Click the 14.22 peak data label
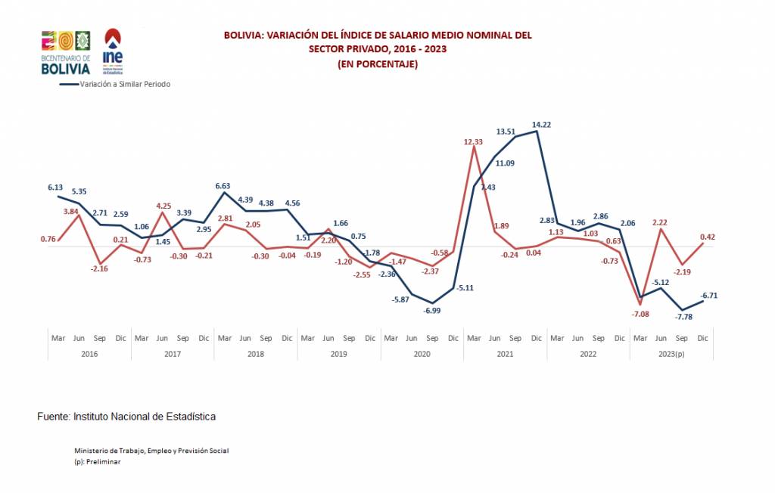pyautogui.click(x=541, y=124)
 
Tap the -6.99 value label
pyautogui.click(x=431, y=311)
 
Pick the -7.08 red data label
pyautogui.click(x=640, y=313)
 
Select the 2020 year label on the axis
pyautogui.click(x=422, y=353)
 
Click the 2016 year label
pyautogui.click(x=89, y=353)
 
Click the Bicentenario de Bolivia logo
pyautogui.click(x=65, y=53)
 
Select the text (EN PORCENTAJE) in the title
pyautogui.click(x=378, y=64)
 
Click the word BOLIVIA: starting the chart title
pyautogui.click(x=244, y=35)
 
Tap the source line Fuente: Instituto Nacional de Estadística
pyautogui.click(x=126, y=417)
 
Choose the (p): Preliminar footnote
pyautogui.click(x=98, y=461)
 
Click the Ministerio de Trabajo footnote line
pyautogui.click(x=151, y=451)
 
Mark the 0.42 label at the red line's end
pyautogui.click(x=707, y=237)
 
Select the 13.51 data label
pyautogui.click(x=506, y=132)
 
